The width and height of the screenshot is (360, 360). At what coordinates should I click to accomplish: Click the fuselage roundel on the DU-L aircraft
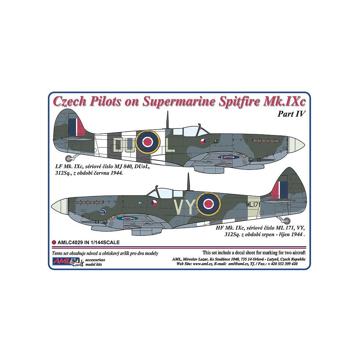point(147,142)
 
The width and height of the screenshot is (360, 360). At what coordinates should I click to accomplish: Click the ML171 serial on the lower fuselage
point(253,205)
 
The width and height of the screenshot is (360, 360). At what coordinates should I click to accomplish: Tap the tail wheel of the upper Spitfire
point(69,158)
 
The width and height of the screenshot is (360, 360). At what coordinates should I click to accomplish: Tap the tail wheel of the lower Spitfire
point(287,221)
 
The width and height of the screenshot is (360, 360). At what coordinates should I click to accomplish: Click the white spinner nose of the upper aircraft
point(296,144)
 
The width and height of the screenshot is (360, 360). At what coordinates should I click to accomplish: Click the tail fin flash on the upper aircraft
point(76,127)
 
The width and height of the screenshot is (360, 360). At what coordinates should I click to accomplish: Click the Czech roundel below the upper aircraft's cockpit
point(203,141)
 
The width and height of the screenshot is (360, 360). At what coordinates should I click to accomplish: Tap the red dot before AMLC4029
point(54,242)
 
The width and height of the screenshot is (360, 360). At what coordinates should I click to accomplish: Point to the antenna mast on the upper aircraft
point(167,120)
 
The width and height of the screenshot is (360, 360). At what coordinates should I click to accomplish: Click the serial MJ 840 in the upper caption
point(121,167)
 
